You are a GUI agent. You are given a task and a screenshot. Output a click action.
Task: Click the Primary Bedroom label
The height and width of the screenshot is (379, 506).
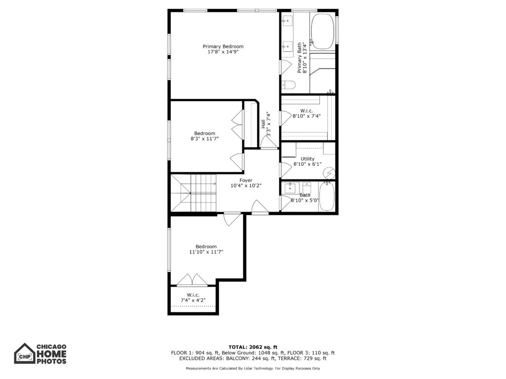(x=223, y=49)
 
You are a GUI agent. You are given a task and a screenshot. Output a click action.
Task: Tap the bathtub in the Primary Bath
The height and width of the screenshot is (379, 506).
(x=322, y=31)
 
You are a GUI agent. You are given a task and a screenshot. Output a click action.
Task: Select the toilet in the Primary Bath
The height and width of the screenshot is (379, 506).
(x=289, y=85)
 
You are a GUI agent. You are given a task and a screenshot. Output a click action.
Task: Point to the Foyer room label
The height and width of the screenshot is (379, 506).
(x=246, y=183)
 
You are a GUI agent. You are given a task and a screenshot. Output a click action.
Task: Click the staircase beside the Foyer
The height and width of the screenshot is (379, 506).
(x=193, y=193)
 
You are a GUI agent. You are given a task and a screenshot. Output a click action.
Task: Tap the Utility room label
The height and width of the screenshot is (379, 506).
(x=307, y=161)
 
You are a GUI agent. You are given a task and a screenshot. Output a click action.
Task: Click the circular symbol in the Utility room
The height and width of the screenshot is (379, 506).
(x=329, y=173)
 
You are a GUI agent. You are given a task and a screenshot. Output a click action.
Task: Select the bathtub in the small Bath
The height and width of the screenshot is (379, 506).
(x=327, y=196)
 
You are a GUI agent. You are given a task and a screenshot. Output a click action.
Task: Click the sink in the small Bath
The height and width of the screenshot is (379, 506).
(x=290, y=188)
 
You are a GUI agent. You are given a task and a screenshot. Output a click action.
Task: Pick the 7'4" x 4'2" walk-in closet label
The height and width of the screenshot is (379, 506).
(x=193, y=298)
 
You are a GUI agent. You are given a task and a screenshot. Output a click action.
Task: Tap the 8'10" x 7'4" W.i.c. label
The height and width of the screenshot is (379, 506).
(x=306, y=114)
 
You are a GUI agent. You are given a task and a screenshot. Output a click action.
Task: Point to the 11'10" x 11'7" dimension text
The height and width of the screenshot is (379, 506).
(x=206, y=252)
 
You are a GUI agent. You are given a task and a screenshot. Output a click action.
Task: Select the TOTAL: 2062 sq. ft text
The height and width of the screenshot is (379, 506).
(x=253, y=347)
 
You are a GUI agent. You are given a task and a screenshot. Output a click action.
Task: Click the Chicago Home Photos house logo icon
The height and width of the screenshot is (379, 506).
(x=24, y=353)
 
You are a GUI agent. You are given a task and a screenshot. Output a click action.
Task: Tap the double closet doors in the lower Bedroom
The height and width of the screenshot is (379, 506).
(x=192, y=280)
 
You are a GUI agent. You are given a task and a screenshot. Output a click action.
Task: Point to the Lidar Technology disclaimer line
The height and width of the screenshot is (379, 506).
(x=253, y=368)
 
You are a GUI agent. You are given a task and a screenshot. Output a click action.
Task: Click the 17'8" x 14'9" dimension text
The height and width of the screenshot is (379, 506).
(x=223, y=51)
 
